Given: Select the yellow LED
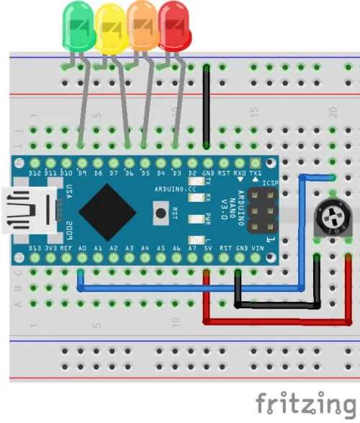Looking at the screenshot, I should tap(110, 27).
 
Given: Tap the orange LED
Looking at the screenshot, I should tap(143, 25).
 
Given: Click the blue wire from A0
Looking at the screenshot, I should tap(187, 289).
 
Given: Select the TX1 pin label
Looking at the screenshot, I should tap(255, 174).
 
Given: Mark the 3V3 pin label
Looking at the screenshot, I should tap(50, 248).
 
